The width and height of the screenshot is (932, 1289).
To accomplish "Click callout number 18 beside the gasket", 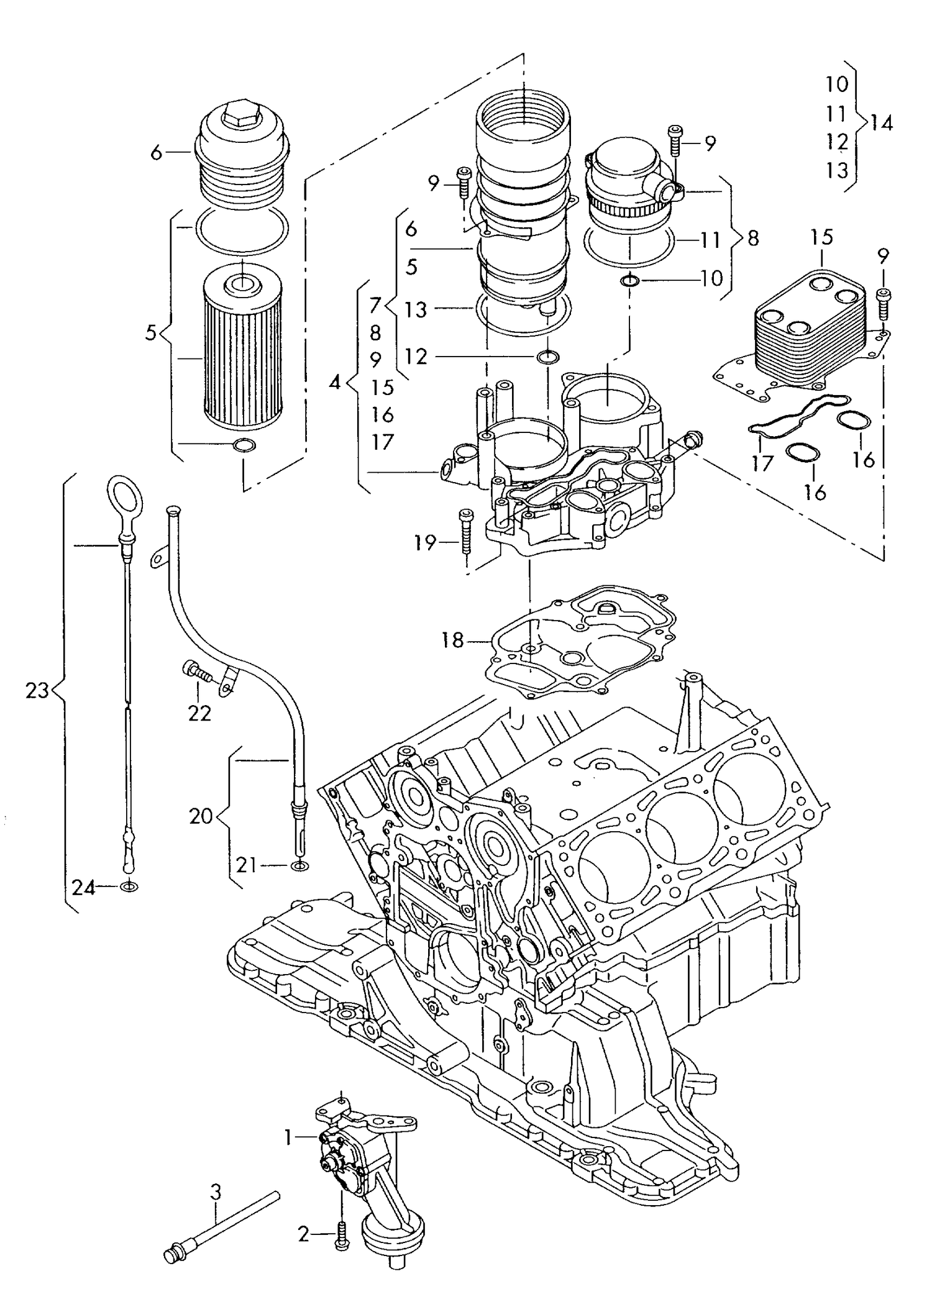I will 454,640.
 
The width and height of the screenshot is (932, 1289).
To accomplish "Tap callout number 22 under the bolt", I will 199,713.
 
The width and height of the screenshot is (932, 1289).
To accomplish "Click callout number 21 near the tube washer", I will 246,865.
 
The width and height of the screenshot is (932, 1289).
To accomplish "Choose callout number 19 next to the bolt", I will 426,543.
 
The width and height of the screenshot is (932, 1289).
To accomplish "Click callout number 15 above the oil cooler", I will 821,237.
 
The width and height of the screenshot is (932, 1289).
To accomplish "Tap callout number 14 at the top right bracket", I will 881,123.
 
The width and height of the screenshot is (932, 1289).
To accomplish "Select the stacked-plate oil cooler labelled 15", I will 808,329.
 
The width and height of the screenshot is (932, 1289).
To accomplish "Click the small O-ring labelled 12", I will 548,357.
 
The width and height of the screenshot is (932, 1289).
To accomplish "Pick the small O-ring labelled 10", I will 630,281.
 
